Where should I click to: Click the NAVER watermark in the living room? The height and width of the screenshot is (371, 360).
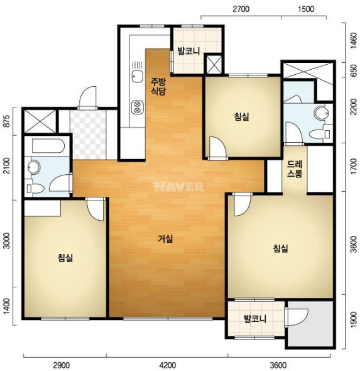click(179, 187)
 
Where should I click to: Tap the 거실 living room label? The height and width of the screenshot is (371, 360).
click(165, 239)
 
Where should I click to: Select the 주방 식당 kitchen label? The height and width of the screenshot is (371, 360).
click(158, 87)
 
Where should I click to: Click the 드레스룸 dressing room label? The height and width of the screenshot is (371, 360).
click(295, 169)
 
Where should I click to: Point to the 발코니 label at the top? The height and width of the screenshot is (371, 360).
click(188, 51)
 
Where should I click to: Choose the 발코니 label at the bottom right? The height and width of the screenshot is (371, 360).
click(255, 319)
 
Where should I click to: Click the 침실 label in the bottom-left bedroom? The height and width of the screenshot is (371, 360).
click(65, 258)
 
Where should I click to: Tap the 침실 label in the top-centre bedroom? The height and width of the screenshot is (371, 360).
click(242, 117)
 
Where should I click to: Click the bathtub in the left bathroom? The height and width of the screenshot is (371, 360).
click(48, 146)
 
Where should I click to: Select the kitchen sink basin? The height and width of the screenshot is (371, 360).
click(138, 77)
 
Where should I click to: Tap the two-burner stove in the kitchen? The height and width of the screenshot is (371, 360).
click(138, 107)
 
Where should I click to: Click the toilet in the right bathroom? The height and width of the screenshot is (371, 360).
click(320, 134)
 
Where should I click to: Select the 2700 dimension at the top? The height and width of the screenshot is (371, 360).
click(241, 9)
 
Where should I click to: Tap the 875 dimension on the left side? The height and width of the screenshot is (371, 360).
click(8, 121)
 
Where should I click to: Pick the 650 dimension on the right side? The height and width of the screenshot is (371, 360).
click(354, 70)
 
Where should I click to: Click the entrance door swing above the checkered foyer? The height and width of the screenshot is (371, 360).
click(88, 97)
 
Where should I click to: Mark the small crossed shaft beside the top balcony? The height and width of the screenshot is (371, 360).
click(214, 64)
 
